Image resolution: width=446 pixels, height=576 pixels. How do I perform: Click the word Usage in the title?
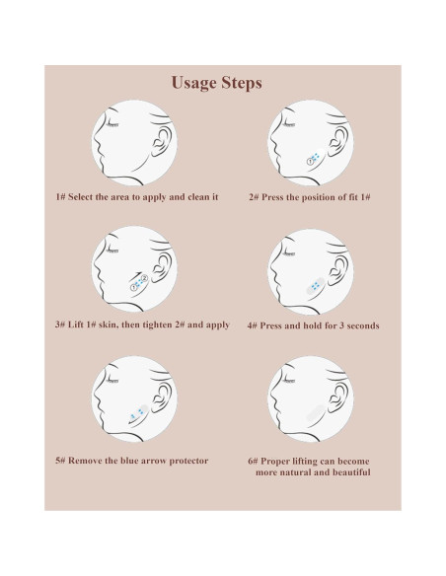(193, 83)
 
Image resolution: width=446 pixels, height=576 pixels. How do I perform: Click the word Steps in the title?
(241, 82)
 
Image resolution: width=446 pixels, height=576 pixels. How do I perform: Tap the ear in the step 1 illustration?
(162, 143)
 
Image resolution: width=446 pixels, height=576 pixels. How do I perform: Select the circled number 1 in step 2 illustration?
(311, 162)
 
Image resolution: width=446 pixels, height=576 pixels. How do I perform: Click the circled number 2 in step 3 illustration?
(144, 278)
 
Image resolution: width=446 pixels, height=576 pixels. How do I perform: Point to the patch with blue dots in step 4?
(315, 286)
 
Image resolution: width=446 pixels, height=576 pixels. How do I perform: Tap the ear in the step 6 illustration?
(338, 398)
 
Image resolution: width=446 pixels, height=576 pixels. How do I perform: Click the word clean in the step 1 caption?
(197, 197)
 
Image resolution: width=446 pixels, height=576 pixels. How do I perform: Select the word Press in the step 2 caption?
(272, 197)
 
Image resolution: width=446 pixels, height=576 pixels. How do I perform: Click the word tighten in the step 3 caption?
(158, 325)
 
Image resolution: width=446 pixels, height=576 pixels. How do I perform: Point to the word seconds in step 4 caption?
(362, 325)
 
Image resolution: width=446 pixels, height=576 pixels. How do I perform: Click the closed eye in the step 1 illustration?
(111, 125)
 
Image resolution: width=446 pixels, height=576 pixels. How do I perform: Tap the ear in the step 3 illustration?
(162, 269)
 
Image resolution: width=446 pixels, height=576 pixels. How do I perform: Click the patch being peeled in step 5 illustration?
(138, 413)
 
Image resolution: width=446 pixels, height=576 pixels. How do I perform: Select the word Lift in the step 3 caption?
(76, 324)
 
